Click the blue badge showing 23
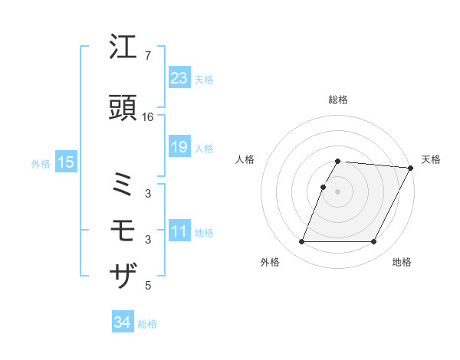(x=179, y=79)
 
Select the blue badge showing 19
(x=179, y=147)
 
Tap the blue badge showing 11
(x=179, y=231)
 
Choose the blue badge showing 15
(x=65, y=162)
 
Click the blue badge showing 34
(x=122, y=323)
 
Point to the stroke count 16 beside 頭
(x=148, y=116)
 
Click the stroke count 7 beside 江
(x=148, y=56)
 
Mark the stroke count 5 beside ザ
(x=148, y=286)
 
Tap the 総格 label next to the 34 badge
(x=147, y=324)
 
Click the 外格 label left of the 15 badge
(x=41, y=163)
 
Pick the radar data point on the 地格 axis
(x=373, y=241)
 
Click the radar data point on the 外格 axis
(x=301, y=241)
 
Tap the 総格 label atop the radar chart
(x=337, y=100)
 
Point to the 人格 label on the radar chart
(x=245, y=159)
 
